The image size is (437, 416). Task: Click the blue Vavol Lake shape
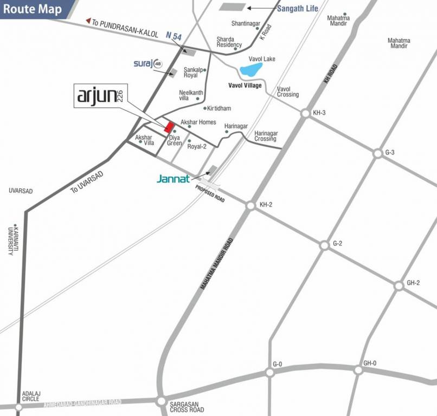click(251, 69)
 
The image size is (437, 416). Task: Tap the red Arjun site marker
click(169, 127)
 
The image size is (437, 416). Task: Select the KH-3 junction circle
click(305, 113)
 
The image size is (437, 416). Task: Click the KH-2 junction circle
click(250, 206)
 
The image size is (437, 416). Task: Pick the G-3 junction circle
click(377, 154)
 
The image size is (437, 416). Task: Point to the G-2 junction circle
click(324, 245)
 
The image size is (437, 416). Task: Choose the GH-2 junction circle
click(399, 285)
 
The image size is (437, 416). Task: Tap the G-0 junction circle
click(269, 372)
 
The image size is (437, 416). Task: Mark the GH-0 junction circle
click(358, 370)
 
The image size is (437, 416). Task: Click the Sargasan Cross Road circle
click(161, 401)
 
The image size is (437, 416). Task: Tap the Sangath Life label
click(298, 9)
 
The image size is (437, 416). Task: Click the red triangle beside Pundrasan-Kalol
click(88, 21)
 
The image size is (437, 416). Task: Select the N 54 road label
click(173, 35)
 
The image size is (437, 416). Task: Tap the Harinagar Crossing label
click(266, 136)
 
